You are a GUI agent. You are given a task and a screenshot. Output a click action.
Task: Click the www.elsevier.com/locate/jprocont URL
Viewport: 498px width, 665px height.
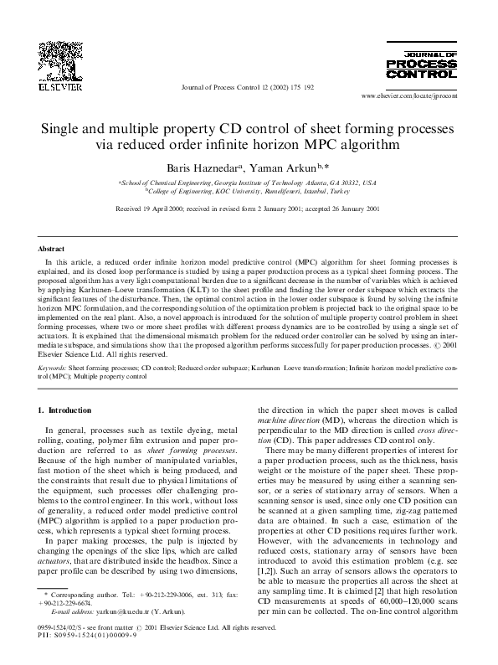tap(415, 96)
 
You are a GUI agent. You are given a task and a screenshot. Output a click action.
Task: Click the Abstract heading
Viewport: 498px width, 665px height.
tap(52, 249)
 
